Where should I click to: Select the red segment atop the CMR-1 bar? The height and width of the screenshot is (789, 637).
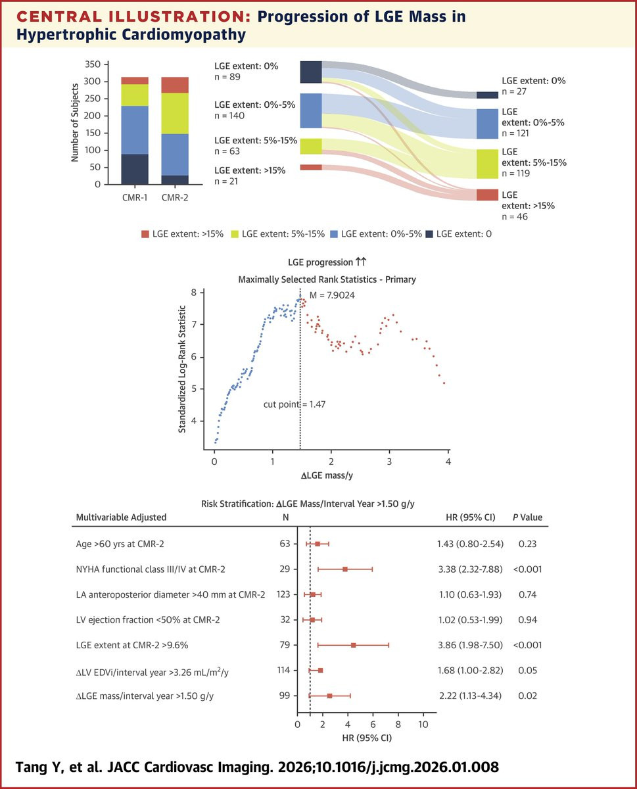point(134,80)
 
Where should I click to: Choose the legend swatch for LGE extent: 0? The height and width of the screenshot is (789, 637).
point(429,233)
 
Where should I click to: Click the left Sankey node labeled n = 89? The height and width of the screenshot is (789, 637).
point(311,72)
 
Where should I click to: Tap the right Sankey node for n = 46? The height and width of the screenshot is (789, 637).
point(487,195)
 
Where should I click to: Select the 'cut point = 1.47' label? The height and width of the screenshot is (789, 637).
point(294,404)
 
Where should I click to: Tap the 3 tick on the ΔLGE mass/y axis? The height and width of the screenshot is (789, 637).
point(390,462)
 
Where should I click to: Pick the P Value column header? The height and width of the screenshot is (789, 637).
point(527,517)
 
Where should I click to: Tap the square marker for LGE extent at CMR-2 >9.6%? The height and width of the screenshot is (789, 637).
point(353,645)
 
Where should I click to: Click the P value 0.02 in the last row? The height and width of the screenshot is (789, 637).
point(527,696)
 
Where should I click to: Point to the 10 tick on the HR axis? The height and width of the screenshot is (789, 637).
point(423,725)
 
